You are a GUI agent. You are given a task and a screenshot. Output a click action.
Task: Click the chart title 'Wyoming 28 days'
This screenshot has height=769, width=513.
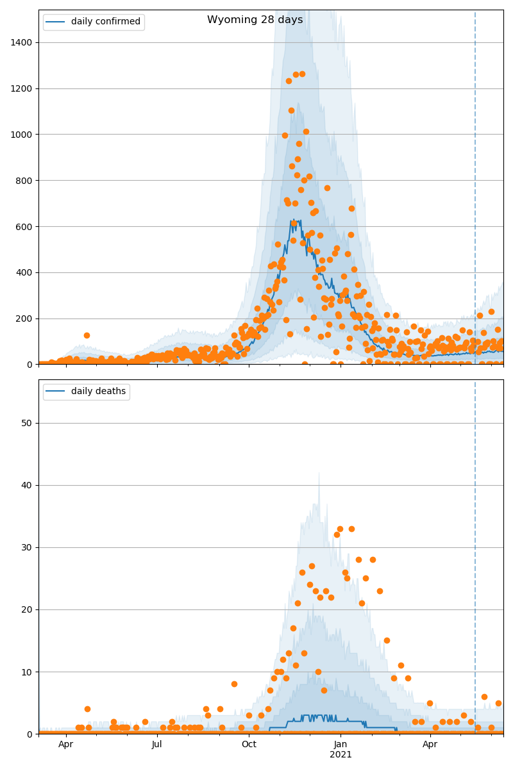pyautogui.click(x=255, y=20)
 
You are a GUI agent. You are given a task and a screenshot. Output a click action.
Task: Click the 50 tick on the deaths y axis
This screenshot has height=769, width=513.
pyautogui.click(x=28, y=423)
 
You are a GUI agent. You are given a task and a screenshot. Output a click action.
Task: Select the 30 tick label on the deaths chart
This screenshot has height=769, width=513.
pyautogui.click(x=28, y=547)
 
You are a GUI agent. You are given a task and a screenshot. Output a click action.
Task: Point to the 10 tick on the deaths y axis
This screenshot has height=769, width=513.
pyautogui.click(x=28, y=672)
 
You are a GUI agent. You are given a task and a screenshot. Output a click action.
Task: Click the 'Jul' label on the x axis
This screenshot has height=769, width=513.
pyautogui.click(x=157, y=744)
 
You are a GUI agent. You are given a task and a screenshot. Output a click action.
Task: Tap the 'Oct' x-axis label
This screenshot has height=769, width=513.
pyautogui.click(x=249, y=744)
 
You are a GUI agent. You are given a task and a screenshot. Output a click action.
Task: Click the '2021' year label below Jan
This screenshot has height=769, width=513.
pyautogui.click(x=341, y=754)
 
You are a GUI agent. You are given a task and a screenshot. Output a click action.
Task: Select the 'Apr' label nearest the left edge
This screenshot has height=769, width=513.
pyautogui.click(x=66, y=744)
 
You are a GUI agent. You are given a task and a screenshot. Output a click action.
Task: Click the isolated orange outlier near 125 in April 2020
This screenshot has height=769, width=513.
pyautogui.click(x=87, y=335)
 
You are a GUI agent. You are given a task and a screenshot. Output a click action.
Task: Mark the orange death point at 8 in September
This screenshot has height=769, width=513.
pyautogui.click(x=234, y=684)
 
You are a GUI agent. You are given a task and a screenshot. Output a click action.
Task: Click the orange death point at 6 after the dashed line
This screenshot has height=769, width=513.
pyautogui.click(x=484, y=697)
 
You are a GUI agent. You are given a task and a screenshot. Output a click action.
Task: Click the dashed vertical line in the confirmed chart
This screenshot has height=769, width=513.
pyautogui.click(x=475, y=192)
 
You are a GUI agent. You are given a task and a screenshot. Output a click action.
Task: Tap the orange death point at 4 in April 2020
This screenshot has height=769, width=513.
pyautogui.click(x=87, y=709)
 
